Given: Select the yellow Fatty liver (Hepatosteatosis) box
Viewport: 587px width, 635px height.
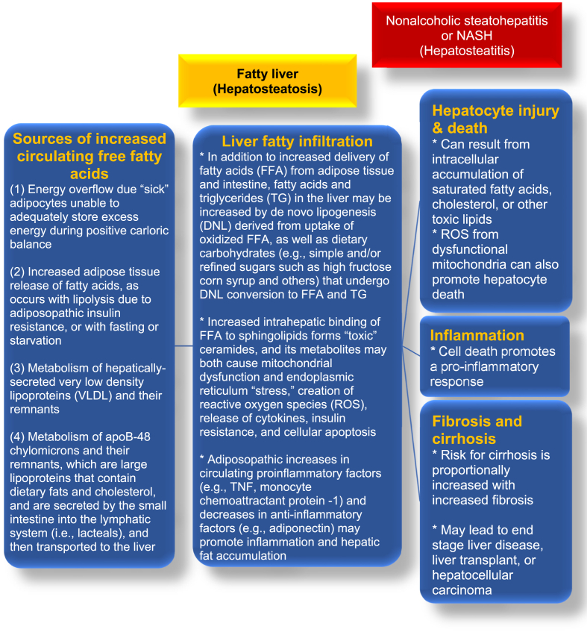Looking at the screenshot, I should click(x=267, y=81).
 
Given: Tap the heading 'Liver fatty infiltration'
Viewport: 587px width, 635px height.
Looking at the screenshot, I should click(x=297, y=141).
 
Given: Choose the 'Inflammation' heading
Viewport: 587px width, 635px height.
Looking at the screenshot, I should click(x=478, y=335).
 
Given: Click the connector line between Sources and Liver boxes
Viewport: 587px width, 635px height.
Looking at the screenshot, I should click(x=183, y=346).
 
